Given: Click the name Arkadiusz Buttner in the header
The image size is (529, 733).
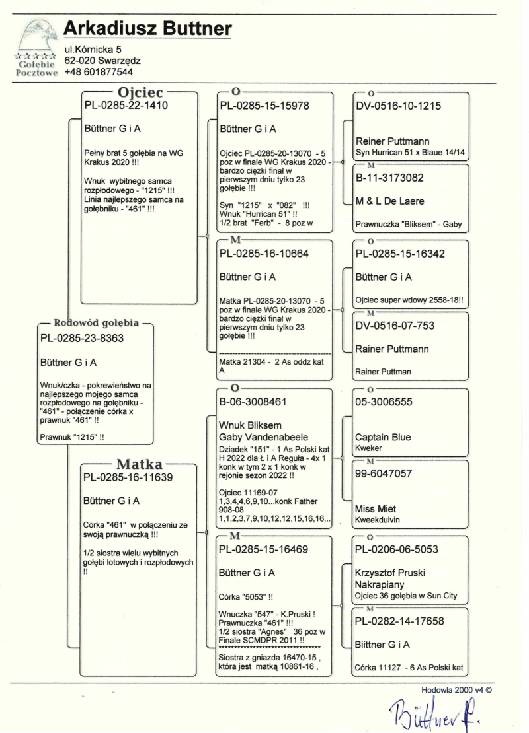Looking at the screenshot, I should coord(147,29).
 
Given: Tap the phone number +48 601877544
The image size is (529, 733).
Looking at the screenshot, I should coord(99,72).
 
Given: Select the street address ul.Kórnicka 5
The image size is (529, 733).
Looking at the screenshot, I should coord(93,48).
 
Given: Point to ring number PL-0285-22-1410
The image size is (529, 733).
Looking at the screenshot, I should coord(126,105).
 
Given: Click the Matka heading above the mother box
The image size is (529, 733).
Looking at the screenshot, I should coord(140,464).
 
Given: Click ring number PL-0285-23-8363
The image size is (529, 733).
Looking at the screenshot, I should coord(83,338).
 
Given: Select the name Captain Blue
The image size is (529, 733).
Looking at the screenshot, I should coord(383,437).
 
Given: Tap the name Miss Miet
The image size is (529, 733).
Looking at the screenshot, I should coord(376,510).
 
